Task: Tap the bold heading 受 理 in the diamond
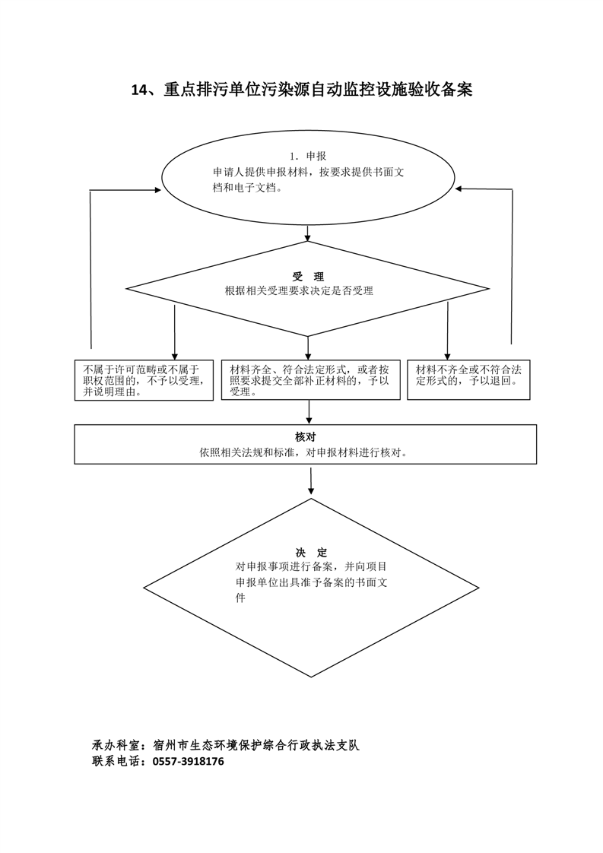[x=308, y=277]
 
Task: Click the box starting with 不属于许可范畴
[x=143, y=380]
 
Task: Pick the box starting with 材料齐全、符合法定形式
[x=309, y=380]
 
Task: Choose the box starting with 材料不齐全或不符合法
[x=468, y=376]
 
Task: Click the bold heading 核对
[x=306, y=437]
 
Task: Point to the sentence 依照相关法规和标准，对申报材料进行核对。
[x=306, y=452]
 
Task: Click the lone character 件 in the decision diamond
[x=241, y=598]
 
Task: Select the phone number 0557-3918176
[x=189, y=761]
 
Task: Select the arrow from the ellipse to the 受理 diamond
[x=308, y=233]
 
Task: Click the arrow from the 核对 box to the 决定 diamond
[x=311, y=480]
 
